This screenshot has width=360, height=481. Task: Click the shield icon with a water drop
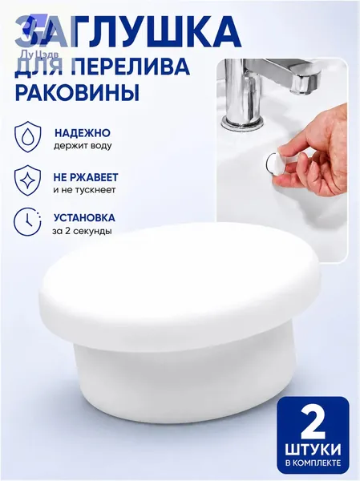[28, 137]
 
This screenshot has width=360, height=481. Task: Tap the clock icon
[27, 222]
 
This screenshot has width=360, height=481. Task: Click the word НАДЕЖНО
[83, 133]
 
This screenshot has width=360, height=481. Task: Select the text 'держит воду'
[83, 146]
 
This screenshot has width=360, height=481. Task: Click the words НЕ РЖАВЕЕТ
[86, 177]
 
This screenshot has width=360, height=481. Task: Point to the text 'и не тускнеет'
[84, 190]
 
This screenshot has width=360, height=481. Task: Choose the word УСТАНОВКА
[84, 218]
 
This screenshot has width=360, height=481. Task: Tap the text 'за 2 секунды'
[82, 231]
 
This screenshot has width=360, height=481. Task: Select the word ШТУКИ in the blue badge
[313, 451]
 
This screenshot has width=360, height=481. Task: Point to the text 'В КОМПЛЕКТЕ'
[313, 463]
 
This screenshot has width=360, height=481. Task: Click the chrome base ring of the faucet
[242, 123]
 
